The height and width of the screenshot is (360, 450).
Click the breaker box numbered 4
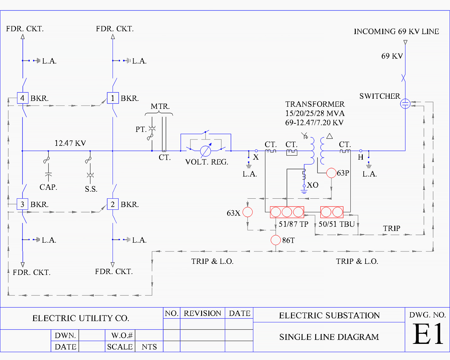pos(22,98)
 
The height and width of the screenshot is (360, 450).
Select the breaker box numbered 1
pos(113,98)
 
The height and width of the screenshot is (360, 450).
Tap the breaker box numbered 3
pos(22,204)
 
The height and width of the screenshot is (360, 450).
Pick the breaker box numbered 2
pos(113,204)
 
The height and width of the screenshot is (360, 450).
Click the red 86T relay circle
pos(276,240)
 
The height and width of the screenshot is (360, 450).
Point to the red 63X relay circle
pos(248,212)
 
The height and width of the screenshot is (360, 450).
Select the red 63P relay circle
pos(331,173)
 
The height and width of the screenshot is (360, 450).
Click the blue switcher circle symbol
pos(405,104)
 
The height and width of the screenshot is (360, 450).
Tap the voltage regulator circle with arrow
pos(206,151)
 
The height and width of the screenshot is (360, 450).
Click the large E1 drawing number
pos(428,334)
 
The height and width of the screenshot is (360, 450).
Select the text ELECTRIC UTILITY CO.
pos(81,318)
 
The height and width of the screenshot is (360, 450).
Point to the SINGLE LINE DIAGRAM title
pos(329,337)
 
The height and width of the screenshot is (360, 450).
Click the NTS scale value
pos(149,347)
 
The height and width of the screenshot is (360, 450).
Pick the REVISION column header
pos(202,313)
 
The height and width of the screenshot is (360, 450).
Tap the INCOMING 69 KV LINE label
pos(396,31)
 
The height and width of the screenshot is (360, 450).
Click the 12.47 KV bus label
pos(70,143)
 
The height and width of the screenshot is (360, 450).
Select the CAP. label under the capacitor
pos(48,187)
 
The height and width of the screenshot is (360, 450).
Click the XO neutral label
pos(313,185)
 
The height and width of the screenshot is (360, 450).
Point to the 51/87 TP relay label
pos(293,224)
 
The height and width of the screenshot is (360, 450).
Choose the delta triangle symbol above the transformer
pos(330,136)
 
